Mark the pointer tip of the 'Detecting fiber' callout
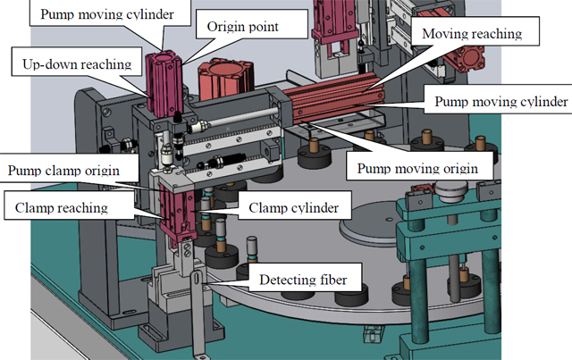click(x=205, y=280)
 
